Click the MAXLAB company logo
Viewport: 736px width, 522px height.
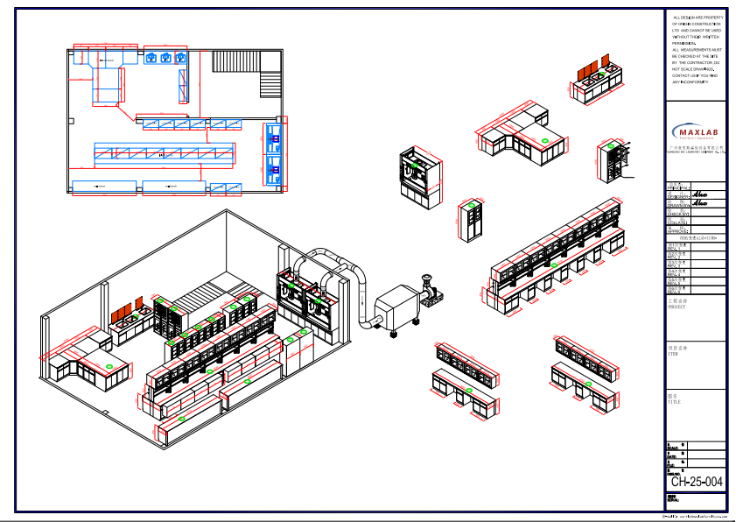pos(696,132)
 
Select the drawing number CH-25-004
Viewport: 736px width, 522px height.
pos(697,482)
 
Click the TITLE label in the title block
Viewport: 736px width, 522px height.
pos(674,399)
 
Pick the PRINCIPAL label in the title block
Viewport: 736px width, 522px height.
pos(677,187)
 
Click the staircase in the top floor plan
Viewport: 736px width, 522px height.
pos(272,83)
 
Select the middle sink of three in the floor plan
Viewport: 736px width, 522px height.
pos(165,58)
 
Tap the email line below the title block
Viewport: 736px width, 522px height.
pos(696,517)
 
